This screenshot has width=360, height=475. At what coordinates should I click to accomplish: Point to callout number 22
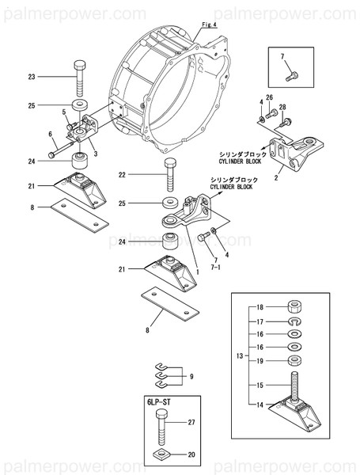123,174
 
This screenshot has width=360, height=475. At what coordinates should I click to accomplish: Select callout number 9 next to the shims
191,377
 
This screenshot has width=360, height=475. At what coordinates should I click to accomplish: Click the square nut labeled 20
162,454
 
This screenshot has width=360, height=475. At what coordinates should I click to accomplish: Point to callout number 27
190,424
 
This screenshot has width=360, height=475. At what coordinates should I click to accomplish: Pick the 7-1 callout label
215,268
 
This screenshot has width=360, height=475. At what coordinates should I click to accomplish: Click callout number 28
282,107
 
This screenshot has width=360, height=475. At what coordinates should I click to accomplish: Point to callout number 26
269,97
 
